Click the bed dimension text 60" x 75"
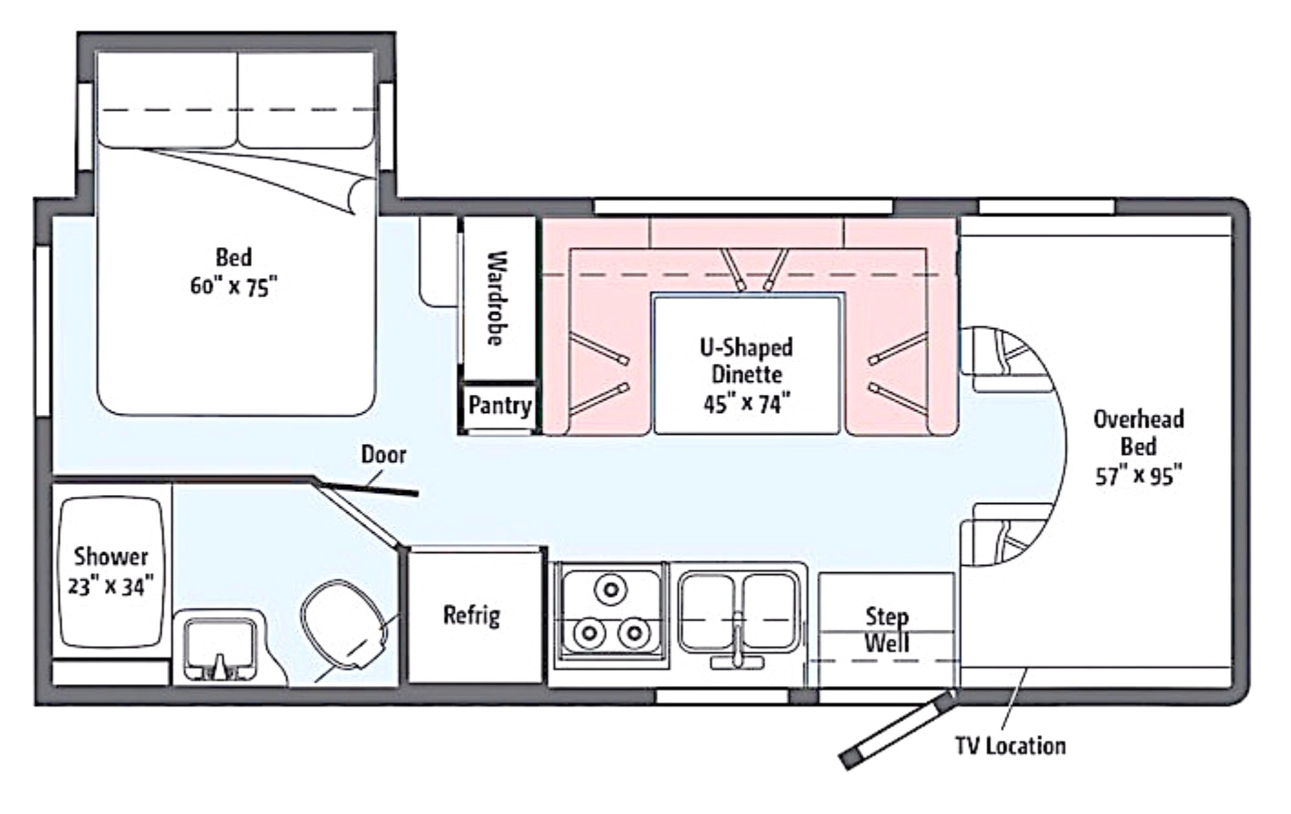234,286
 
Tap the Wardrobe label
496,298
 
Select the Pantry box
500,406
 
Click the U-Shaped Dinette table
747,364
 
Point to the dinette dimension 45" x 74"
747,404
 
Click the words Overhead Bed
1139,433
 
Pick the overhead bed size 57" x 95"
1139,476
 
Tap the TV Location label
1010,746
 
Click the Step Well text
887,630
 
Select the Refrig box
472,615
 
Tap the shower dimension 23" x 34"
110,586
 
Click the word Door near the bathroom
383,455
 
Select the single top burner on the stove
611,589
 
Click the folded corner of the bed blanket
360,195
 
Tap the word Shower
110,556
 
